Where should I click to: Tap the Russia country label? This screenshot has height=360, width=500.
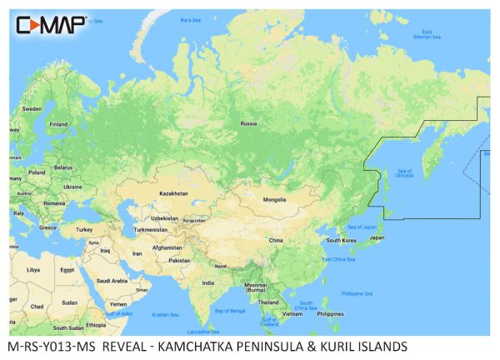tap(248, 123)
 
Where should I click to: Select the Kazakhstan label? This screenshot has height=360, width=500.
tap(173, 192)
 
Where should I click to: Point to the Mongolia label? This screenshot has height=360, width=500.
tap(274, 200)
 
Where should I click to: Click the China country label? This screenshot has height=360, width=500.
tap(275, 240)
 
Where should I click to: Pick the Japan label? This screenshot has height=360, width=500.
tap(377, 237)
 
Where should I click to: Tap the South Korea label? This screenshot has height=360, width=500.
tap(342, 240)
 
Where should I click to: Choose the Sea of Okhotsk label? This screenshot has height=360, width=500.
tap(405, 172)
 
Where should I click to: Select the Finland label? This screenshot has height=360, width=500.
tap(58, 125)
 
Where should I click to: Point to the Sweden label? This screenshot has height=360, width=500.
tap(32, 109)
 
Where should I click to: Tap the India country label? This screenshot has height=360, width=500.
tap(207, 282)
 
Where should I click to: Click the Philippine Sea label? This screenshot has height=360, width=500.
tap(357, 293)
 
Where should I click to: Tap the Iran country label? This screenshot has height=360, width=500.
tap(137, 252)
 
